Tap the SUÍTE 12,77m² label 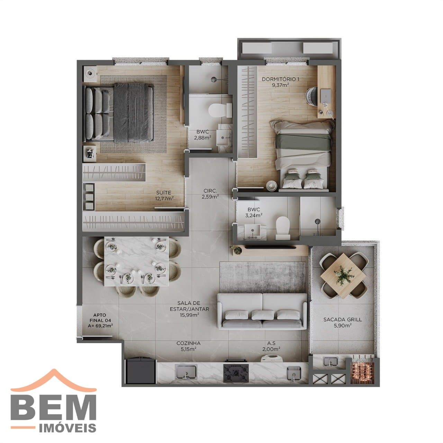pyautogui.click(x=164, y=196)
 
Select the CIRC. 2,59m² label pyautogui.click(x=210, y=193)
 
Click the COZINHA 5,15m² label pyautogui.click(x=188, y=346)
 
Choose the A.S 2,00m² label pyautogui.click(x=271, y=346)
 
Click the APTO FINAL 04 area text pyautogui.click(x=100, y=320)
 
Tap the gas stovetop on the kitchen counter pyautogui.click(x=236, y=373)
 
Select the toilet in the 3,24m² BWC pyautogui.click(x=282, y=228)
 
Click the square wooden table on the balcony pyautogui.click(x=340, y=275)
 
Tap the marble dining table pyautogui.click(x=136, y=262)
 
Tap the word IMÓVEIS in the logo pyautogui.click(x=68, y=428)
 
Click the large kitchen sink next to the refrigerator pyautogui.click(x=186, y=372)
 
